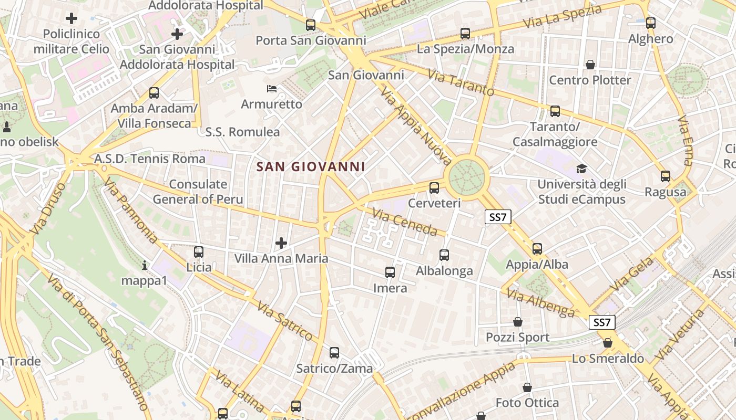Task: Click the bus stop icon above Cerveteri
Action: [434, 187]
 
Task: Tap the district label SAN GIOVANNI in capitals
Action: [310, 167]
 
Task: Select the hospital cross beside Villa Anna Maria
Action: [281, 243]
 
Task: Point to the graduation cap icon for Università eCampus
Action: [581, 169]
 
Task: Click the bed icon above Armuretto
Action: [271, 88]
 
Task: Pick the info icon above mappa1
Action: [145, 266]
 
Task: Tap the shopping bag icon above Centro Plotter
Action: [590, 65]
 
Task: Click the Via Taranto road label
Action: [461, 83]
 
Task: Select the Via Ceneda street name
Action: [405, 222]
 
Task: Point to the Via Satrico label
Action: [285, 321]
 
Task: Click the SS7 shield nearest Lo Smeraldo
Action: [601, 322]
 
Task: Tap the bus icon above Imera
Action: [390, 272]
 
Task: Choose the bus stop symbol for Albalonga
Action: [444, 255]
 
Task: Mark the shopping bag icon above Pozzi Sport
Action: [518, 322]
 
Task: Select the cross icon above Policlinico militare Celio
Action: [71, 18]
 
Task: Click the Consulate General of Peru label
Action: [198, 192]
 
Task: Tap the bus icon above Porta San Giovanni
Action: [311, 25]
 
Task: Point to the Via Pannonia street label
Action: [130, 211]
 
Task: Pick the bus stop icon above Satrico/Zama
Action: [334, 353]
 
